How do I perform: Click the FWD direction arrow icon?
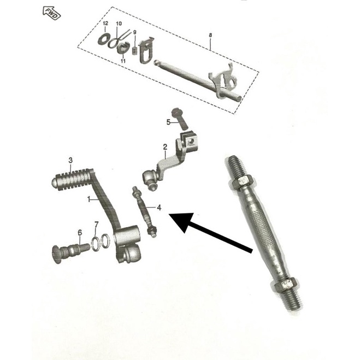52,11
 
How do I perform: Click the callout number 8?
210,36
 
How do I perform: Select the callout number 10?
119,23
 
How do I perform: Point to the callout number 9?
134,32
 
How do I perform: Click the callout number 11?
123,61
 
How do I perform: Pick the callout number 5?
169,121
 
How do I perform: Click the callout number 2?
164,146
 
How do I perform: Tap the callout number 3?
70,160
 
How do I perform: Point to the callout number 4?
159,208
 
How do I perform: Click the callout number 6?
80,233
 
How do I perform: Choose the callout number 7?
97,224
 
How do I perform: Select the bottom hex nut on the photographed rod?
286,284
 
